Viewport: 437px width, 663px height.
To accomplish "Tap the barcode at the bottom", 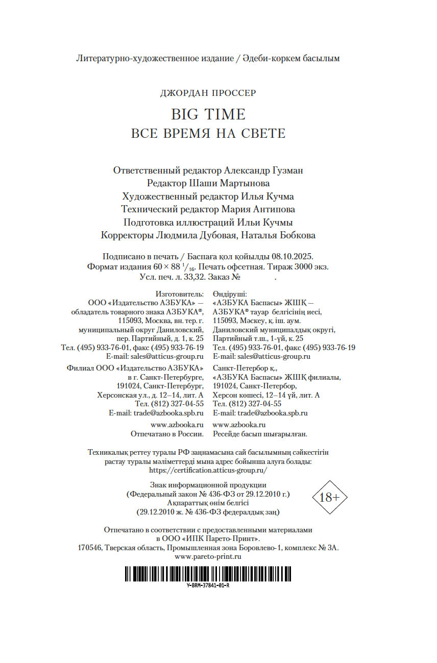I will [208, 573].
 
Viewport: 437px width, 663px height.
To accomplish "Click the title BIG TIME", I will [208, 114].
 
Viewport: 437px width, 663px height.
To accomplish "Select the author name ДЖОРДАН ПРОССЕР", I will [208, 93].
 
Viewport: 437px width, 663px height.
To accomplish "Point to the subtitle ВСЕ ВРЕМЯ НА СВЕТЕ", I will [208, 134].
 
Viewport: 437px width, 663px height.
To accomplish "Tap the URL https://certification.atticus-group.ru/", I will [208, 470].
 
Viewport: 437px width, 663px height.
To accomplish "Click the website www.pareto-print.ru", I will [208, 557].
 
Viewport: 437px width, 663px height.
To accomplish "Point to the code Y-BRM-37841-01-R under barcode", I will [208, 585].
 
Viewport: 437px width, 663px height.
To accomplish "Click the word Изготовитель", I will [180, 294].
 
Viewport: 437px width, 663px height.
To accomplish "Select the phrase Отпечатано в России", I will [167, 433].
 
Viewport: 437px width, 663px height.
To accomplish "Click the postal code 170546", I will [90, 548].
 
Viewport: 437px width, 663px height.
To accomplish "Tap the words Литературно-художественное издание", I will [154, 58].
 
